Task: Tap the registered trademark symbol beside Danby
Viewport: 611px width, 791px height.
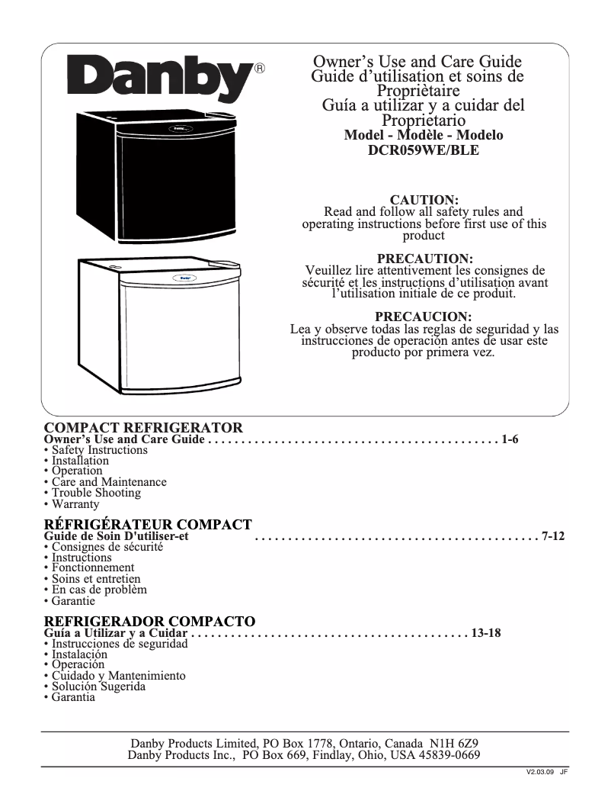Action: [x=259, y=68]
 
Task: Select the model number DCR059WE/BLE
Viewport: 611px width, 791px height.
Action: [x=424, y=150]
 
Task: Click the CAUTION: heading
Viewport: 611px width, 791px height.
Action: [x=424, y=200]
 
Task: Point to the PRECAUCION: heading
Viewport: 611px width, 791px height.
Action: [x=424, y=317]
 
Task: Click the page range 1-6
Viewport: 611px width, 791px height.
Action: [x=510, y=440]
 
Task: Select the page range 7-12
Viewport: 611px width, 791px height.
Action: [x=553, y=536]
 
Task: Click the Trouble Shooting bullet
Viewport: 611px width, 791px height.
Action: [x=96, y=493]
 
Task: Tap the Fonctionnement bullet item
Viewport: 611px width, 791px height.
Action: [x=93, y=568]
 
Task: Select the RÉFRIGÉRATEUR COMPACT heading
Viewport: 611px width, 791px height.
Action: [x=148, y=525]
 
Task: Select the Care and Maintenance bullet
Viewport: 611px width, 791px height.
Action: [x=109, y=482]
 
